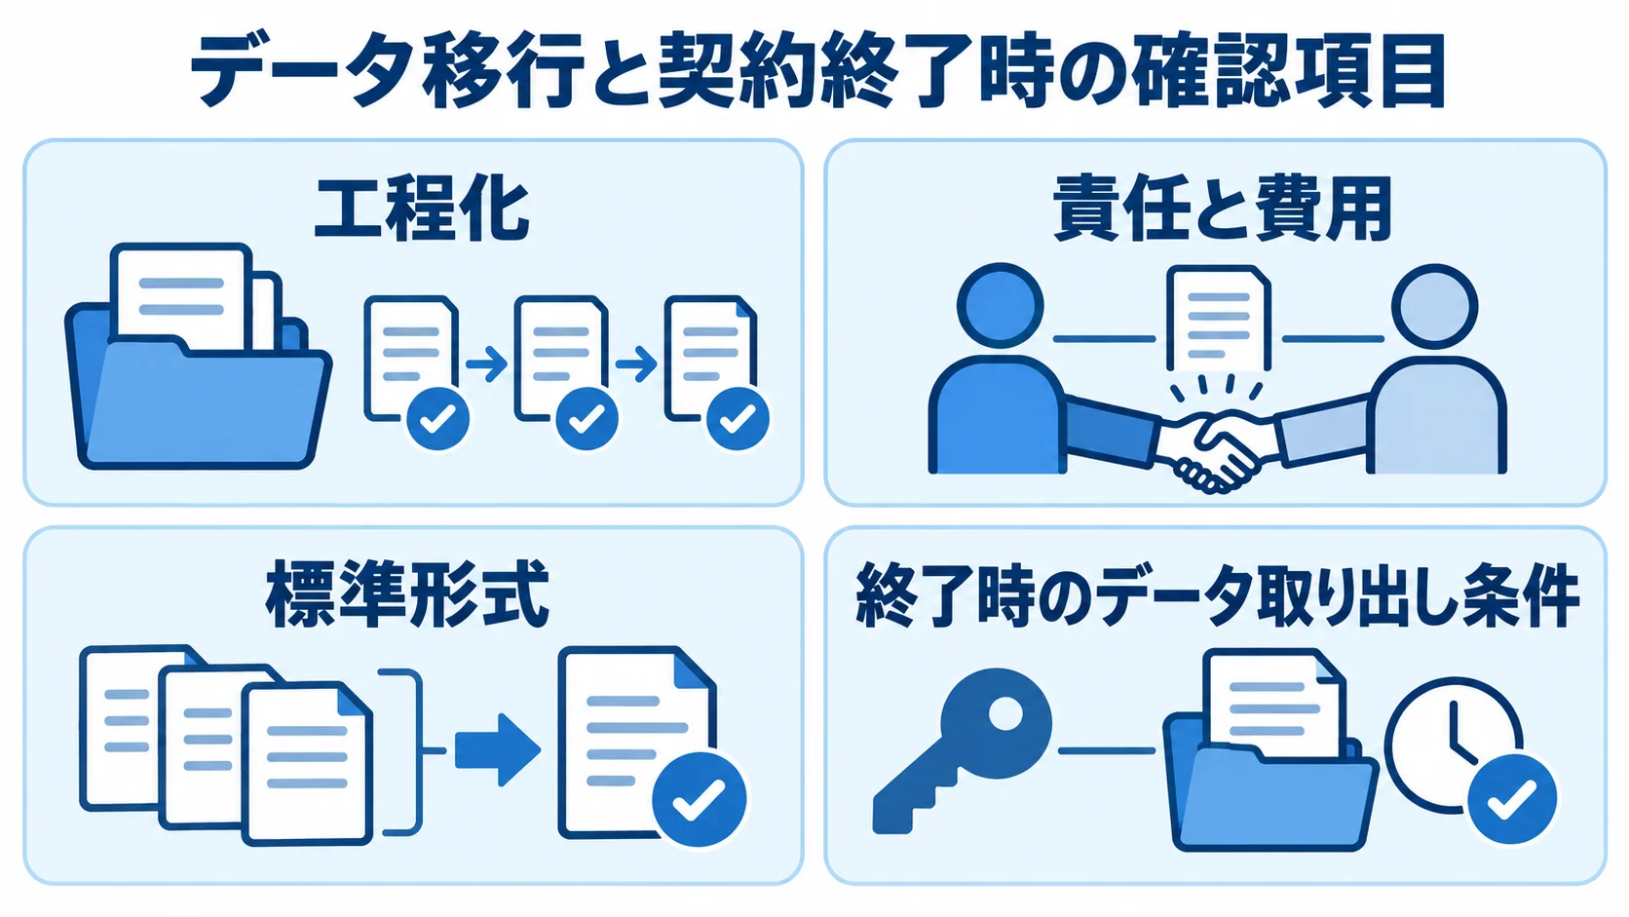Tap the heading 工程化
[422, 210]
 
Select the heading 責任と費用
[1222, 210]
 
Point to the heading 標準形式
[407, 594]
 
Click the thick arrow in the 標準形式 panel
[498, 749]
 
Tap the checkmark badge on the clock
[1512, 798]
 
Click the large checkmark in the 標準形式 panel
[699, 799]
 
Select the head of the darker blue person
[1000, 306]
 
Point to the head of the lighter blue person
[1434, 307]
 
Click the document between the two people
[1219, 319]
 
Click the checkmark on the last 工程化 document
[738, 418]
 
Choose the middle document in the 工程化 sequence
[560, 358]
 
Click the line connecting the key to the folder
[1106, 750]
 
